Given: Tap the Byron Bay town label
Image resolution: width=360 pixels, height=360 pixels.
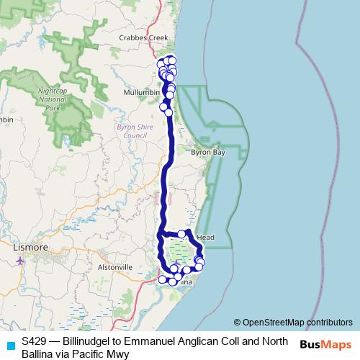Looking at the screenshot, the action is coord(208,153).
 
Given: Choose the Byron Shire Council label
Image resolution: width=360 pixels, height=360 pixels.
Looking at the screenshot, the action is coord(130,130).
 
